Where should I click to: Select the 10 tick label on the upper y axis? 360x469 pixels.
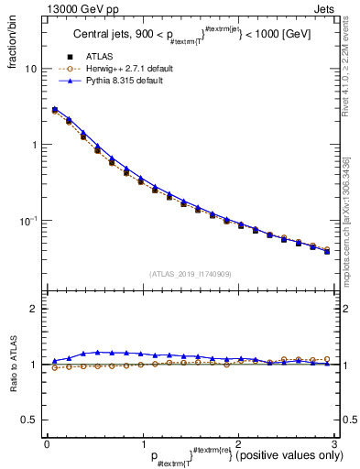click(x=31, y=70)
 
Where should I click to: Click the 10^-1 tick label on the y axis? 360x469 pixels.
click(x=29, y=221)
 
